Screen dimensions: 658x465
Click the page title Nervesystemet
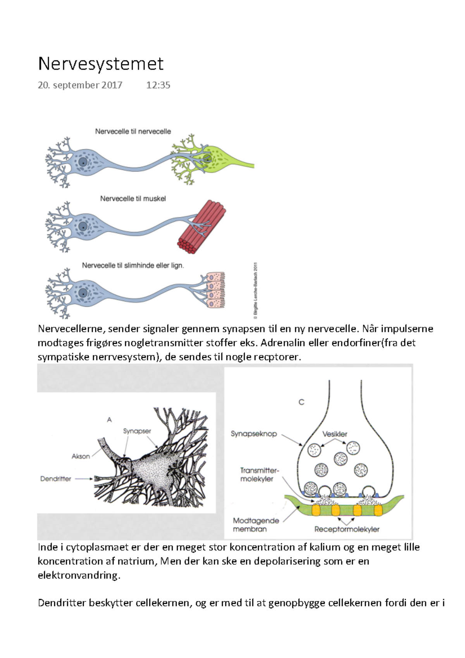(x=101, y=64)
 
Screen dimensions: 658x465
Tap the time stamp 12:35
(x=158, y=85)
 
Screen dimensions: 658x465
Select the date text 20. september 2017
(x=80, y=85)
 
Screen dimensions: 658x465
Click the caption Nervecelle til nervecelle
(x=133, y=131)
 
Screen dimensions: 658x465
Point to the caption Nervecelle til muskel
(x=133, y=198)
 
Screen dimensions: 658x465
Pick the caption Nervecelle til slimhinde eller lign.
(x=133, y=265)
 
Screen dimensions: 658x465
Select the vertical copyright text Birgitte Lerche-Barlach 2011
(x=255, y=291)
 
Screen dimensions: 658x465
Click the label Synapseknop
(x=254, y=434)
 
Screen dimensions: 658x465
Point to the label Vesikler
(x=335, y=434)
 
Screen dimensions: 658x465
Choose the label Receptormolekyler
(x=347, y=529)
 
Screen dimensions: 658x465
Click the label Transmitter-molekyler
(x=259, y=475)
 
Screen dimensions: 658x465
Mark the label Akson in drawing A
(x=81, y=456)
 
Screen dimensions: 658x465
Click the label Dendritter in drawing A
(x=56, y=479)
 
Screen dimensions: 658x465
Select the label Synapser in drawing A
(x=137, y=431)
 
